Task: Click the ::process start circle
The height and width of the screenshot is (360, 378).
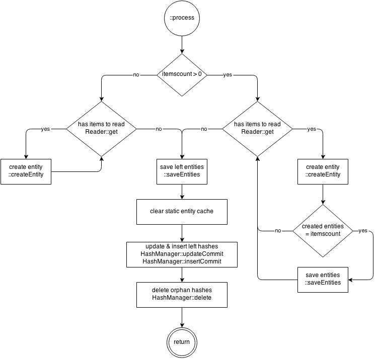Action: click(x=182, y=18)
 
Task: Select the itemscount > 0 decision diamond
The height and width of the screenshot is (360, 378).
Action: click(x=182, y=74)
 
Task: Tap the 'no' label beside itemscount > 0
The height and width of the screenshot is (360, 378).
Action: click(x=136, y=75)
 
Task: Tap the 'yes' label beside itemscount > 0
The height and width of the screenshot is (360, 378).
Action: click(x=228, y=75)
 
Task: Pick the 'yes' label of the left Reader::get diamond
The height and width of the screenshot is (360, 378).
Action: click(x=45, y=129)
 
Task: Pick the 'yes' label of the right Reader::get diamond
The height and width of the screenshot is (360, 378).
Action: click(x=312, y=129)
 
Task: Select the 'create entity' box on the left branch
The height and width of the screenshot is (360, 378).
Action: click(x=26, y=171)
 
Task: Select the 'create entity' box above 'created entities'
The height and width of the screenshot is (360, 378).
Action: click(x=323, y=171)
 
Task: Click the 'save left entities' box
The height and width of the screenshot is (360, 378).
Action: click(x=182, y=171)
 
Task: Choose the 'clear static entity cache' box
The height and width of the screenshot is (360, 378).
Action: click(x=182, y=211)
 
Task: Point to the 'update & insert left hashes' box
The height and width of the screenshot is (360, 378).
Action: click(x=182, y=254)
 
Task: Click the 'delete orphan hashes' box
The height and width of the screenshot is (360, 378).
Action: click(x=182, y=295)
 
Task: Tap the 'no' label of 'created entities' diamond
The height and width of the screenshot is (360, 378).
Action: click(x=278, y=231)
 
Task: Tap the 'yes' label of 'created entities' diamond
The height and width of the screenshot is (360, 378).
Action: click(x=363, y=231)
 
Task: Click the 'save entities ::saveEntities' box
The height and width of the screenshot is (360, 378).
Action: click(x=323, y=279)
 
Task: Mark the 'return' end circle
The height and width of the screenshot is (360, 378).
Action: click(x=182, y=342)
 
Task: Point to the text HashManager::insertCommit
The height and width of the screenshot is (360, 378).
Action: click(x=182, y=261)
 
